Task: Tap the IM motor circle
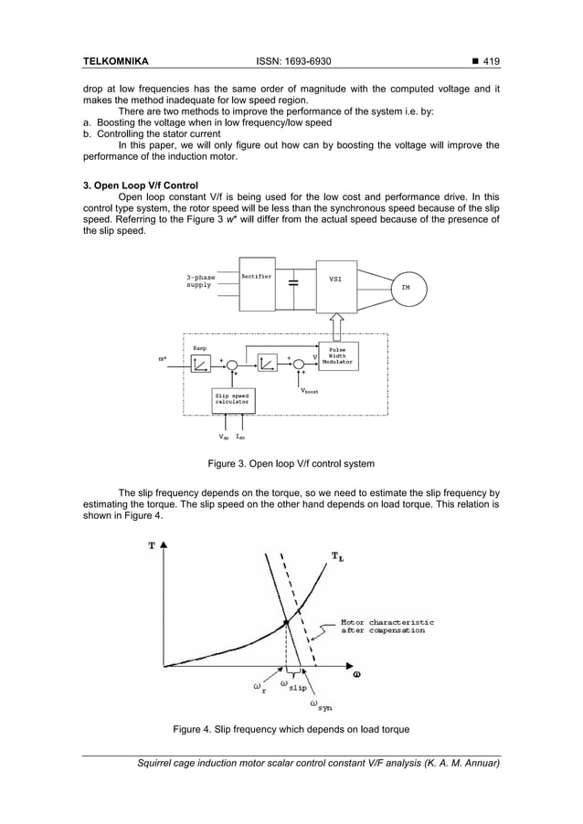pos(406,287)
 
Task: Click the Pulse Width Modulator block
pos(335,356)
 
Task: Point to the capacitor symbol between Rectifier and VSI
pos(292,283)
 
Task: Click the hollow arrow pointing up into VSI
pos(334,324)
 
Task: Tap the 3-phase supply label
pos(199,280)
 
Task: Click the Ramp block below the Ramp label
pos(201,364)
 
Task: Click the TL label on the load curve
pos(337,556)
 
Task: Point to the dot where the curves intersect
pos(286,621)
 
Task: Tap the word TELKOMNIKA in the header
pos(116,61)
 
